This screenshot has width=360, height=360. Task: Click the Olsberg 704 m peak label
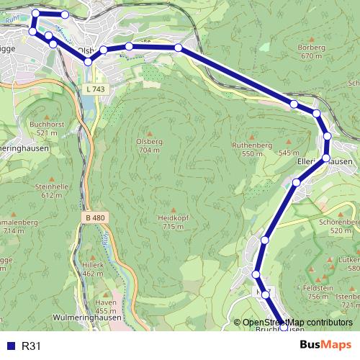(149, 146)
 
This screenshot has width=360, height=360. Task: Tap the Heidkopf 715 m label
(174, 222)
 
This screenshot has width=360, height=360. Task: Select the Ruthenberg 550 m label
(252, 150)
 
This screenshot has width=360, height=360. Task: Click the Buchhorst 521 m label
(47, 129)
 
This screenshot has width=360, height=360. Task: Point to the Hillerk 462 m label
(93, 269)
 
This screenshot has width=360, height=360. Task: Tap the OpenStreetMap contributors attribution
(297, 323)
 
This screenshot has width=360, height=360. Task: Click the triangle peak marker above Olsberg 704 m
(149, 133)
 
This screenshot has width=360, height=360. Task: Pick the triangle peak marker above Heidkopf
(174, 210)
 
